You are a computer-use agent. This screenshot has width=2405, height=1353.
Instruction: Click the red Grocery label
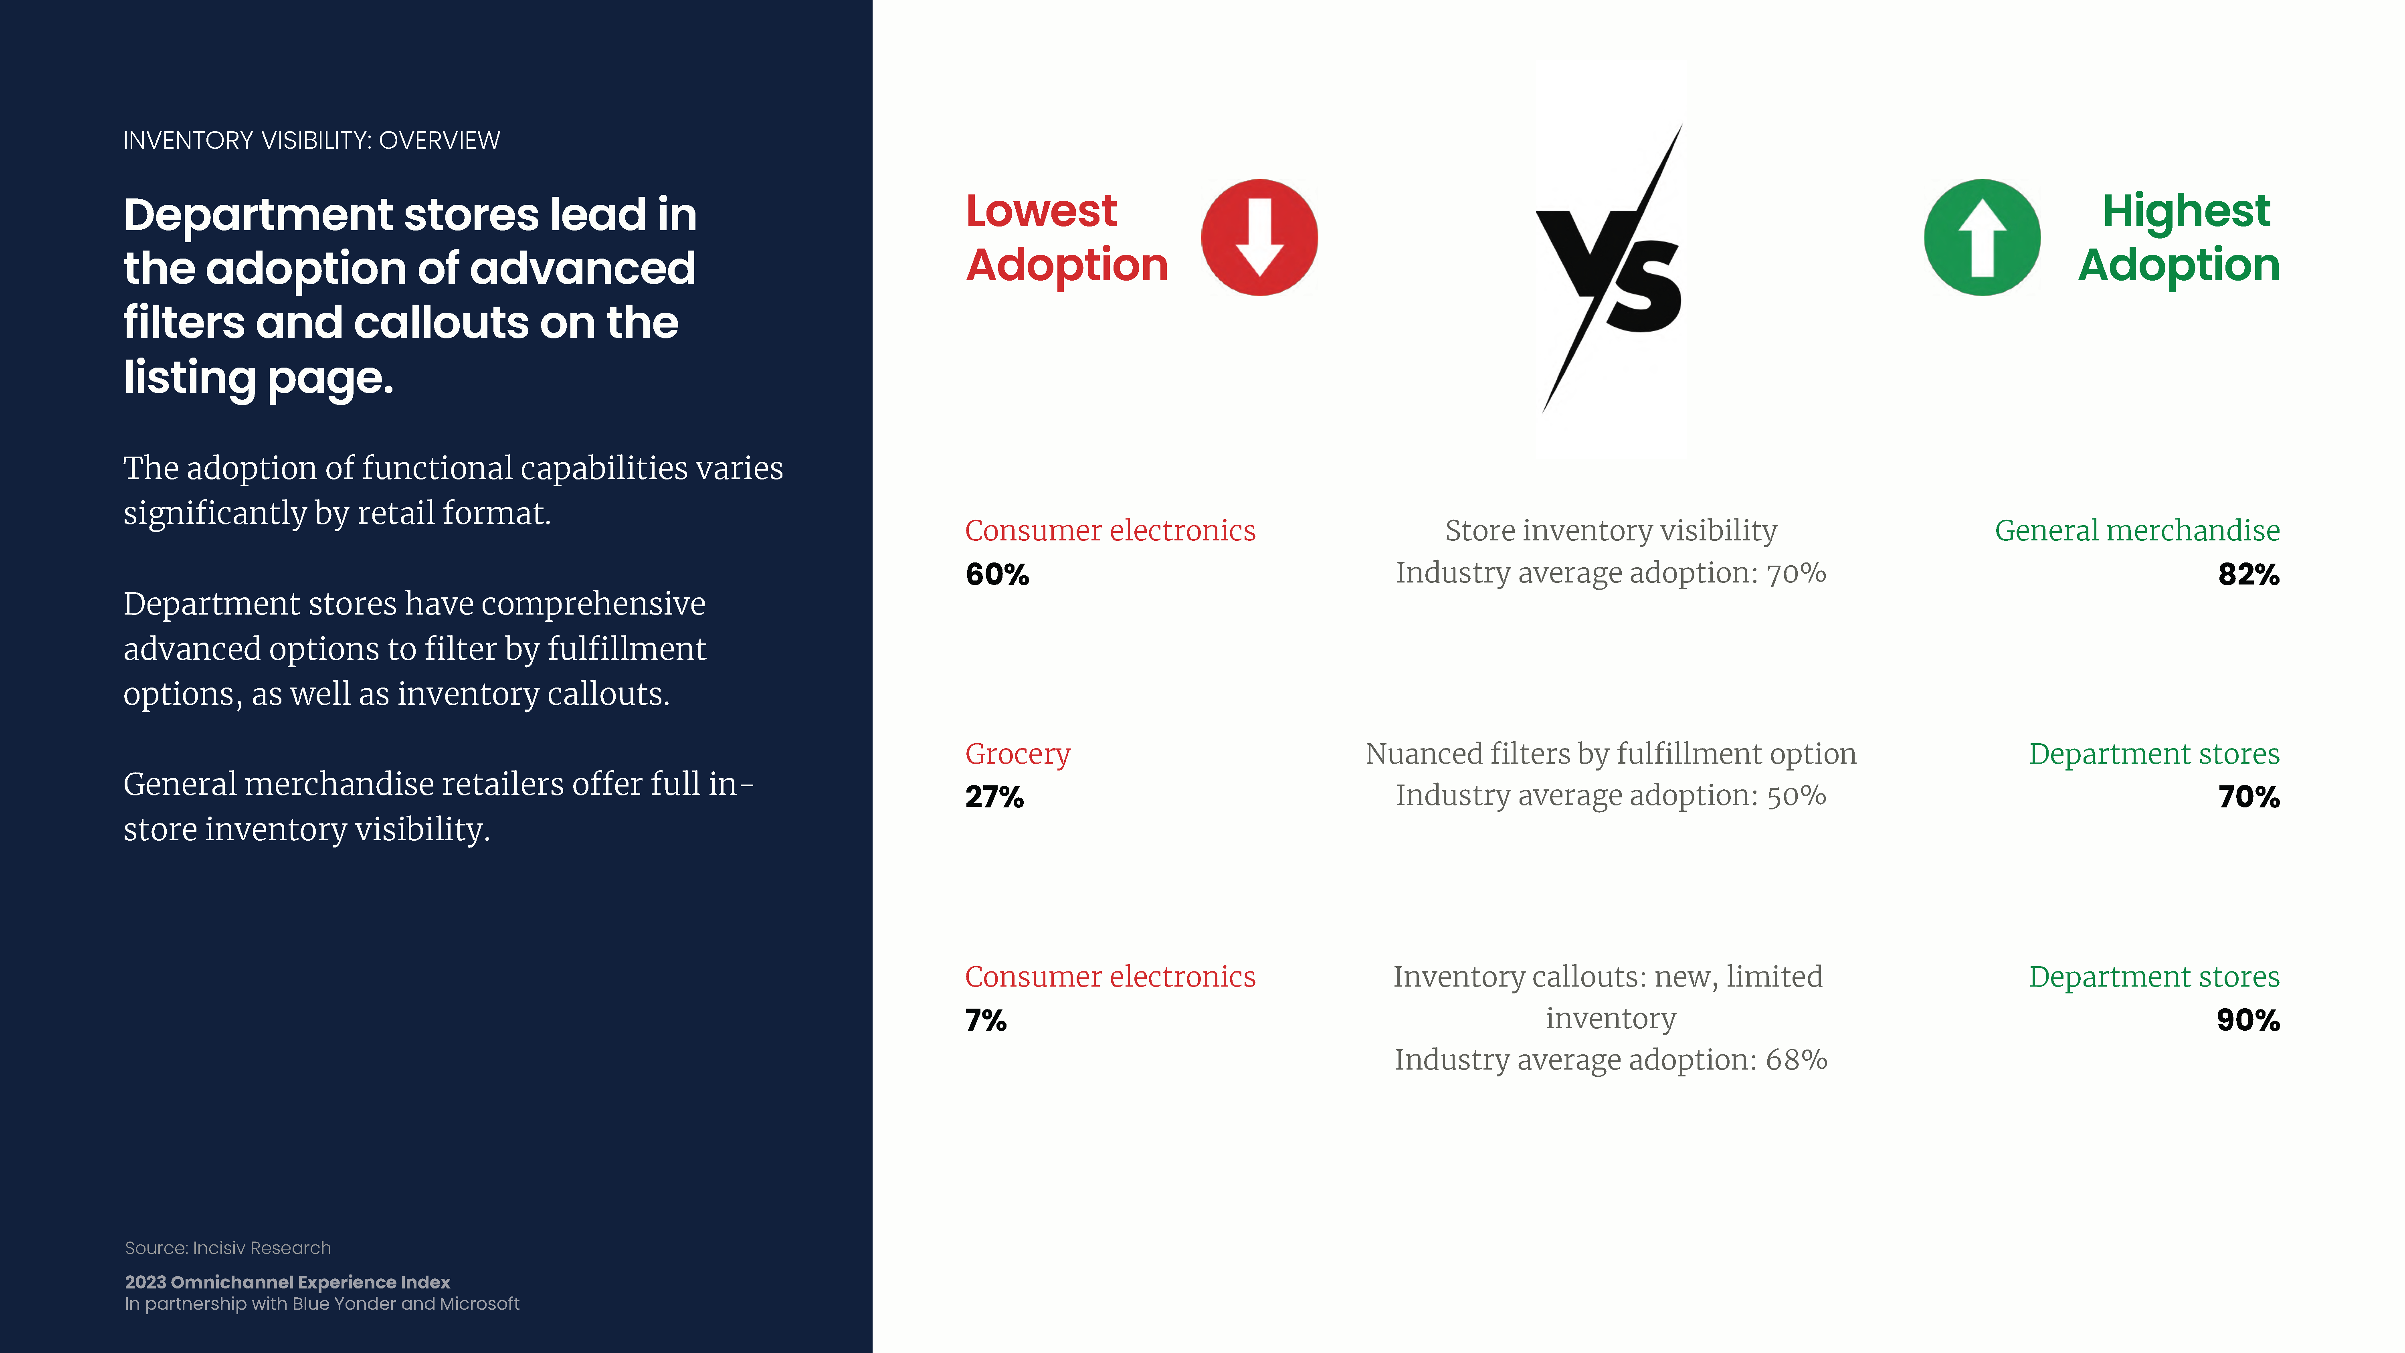tap(1018, 754)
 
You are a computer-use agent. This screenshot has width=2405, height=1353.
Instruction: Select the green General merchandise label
tap(2137, 530)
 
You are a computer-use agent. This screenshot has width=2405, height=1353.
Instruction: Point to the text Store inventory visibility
tap(1611, 530)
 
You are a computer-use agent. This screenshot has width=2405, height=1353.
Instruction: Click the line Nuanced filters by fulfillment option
tap(1611, 754)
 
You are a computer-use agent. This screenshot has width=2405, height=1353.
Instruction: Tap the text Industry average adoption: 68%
tap(1611, 1060)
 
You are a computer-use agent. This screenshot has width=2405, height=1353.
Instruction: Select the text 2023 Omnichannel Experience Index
tap(287, 1282)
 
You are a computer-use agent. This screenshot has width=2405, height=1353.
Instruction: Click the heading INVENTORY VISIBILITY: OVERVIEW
tap(312, 140)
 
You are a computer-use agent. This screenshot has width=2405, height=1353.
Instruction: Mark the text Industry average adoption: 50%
tap(1611, 795)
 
